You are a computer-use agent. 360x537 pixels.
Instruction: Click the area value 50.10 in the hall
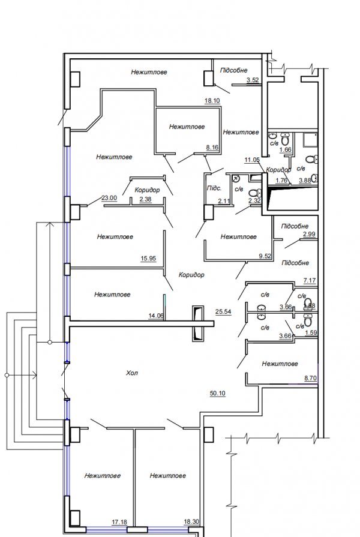point(217,394)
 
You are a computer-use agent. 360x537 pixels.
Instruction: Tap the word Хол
point(133,373)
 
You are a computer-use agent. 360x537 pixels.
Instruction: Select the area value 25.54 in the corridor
point(223,312)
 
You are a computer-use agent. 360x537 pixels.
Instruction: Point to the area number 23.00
point(109,197)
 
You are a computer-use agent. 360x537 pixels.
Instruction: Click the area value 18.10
point(212,101)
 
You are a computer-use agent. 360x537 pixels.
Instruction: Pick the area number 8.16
point(212,146)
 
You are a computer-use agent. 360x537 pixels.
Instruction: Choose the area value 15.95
point(148,259)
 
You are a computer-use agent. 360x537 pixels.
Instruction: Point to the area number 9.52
point(265,257)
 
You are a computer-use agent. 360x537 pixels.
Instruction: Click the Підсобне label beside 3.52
point(233,70)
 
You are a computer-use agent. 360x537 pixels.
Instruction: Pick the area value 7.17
point(310,280)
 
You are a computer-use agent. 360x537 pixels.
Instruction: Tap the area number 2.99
point(309,235)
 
